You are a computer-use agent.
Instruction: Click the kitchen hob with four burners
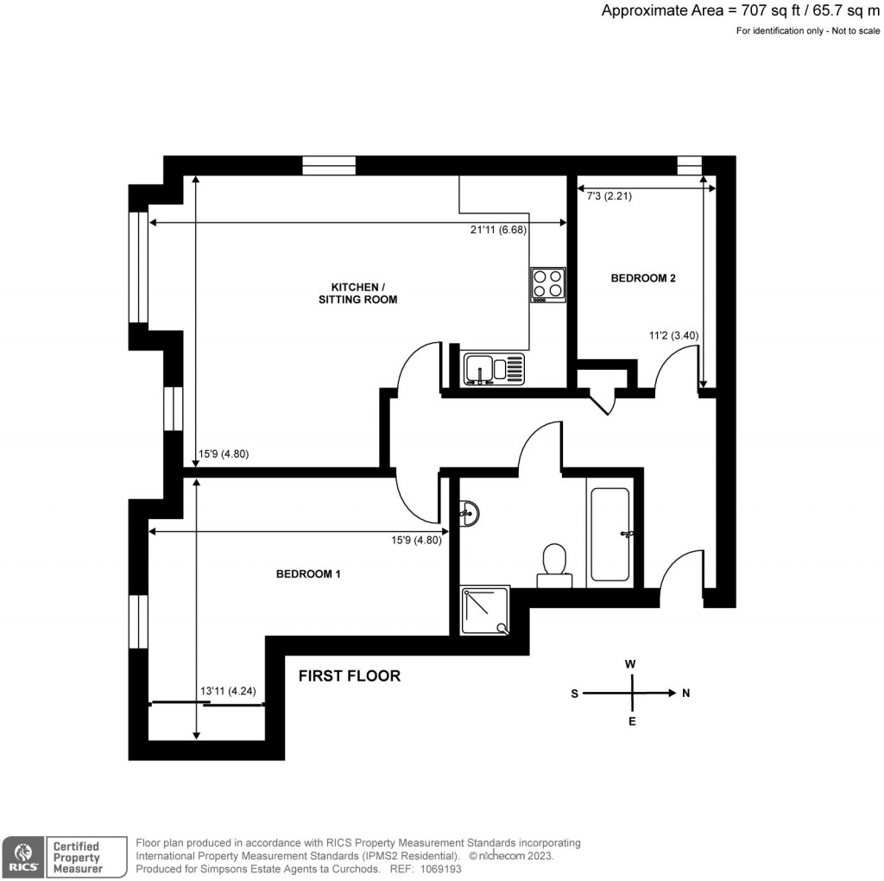coord(548,284)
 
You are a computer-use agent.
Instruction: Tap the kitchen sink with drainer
coord(493,369)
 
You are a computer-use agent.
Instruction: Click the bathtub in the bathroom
coord(609,535)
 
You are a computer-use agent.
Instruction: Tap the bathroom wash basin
coord(469,513)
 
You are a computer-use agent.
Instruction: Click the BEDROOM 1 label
coord(308,574)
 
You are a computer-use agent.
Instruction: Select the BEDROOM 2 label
coord(643,278)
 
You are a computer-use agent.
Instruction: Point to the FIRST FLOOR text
coord(350,675)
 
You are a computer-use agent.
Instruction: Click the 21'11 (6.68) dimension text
coord(493,230)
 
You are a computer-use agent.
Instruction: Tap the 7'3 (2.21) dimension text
coord(609,197)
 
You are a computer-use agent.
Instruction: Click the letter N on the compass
coord(686,693)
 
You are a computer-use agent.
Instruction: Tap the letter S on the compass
coord(574,693)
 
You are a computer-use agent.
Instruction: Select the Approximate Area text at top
coord(740,11)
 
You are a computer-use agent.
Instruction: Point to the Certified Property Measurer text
coord(78,857)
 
